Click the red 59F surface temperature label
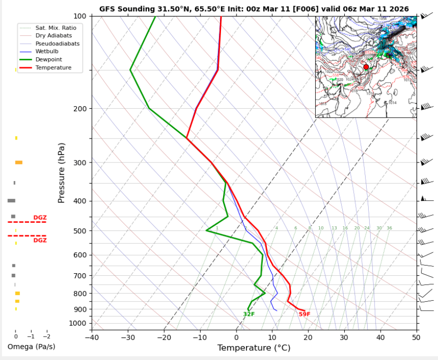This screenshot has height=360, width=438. [304, 314]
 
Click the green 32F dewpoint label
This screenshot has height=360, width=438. [249, 314]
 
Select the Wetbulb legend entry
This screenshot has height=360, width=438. [46, 51]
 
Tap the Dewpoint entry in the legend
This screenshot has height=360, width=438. [48, 59]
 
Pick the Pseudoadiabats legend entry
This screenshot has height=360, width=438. [57, 43]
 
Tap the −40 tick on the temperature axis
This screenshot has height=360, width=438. [92, 338]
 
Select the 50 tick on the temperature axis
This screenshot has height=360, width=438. [416, 338]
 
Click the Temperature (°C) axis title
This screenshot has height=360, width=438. [254, 348]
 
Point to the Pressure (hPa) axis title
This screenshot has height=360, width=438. [62, 173]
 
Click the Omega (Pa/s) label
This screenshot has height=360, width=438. [31, 347]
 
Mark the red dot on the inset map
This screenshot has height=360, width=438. [366, 67]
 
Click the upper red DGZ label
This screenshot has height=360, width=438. [40, 218]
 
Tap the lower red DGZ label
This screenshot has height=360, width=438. [40, 240]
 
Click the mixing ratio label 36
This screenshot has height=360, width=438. [389, 228]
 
